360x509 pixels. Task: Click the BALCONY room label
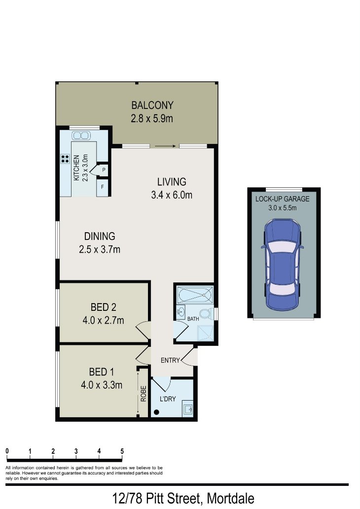(x=152, y=105)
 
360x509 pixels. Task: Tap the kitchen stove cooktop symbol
(x=65, y=159)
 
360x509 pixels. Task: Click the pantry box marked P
(x=104, y=170)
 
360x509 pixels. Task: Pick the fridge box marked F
(x=103, y=187)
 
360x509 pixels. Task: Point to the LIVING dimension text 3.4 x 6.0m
(x=171, y=195)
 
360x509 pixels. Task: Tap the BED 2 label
(x=103, y=307)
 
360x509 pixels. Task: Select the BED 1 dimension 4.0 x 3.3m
(x=102, y=385)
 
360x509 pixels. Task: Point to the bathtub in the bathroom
(x=194, y=295)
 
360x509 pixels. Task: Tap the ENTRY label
(x=170, y=361)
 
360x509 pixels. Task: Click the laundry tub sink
(x=188, y=407)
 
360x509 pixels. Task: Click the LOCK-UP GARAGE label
(x=282, y=199)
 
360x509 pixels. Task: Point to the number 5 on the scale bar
(x=122, y=451)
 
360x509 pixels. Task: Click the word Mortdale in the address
(x=231, y=498)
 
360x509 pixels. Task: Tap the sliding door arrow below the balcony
(x=165, y=146)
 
